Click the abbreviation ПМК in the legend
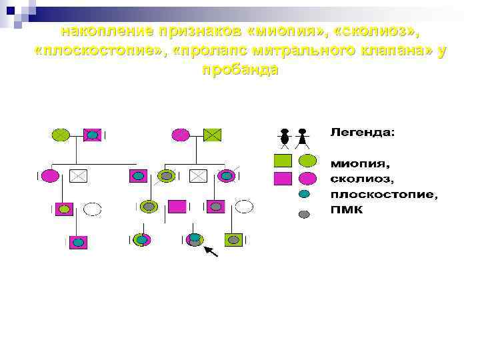(x=347, y=211)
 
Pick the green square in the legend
(x=283, y=161)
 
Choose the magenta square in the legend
(x=283, y=178)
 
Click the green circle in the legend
(x=307, y=161)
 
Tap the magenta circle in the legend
(x=307, y=178)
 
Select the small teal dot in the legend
(x=304, y=195)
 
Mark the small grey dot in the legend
(x=304, y=213)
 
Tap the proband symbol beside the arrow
(x=194, y=239)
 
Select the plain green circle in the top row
(x=61, y=135)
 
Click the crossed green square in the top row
(x=212, y=135)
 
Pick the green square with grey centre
(x=233, y=240)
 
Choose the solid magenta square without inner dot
(x=177, y=207)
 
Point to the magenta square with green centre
(x=64, y=208)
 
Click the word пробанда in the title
(x=239, y=70)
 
